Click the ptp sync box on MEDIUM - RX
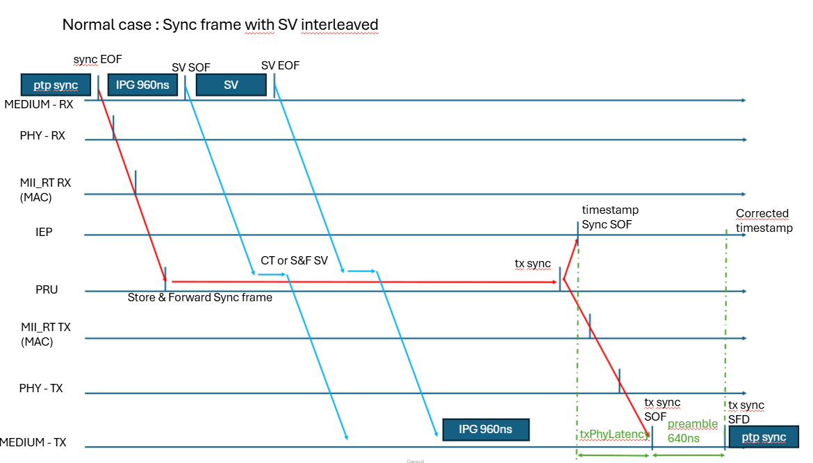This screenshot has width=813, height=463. (56, 85)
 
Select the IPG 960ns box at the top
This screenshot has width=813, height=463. (142, 85)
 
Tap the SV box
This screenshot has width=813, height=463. (231, 85)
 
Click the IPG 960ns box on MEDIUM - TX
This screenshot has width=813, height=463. (486, 430)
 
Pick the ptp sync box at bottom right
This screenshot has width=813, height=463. (764, 437)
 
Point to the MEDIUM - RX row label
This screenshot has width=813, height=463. (39, 105)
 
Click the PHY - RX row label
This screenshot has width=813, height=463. (42, 135)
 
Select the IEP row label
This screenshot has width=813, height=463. (44, 232)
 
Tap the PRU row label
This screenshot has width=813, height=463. (47, 289)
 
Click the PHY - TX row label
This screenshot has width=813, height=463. (41, 389)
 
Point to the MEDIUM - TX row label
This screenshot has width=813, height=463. (33, 442)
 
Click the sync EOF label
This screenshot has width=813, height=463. (97, 60)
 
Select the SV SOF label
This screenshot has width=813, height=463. (191, 68)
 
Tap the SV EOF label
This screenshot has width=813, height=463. (281, 66)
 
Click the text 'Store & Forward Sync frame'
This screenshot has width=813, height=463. (200, 297)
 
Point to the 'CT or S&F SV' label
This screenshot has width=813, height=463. (295, 260)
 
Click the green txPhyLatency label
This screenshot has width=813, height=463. (614, 434)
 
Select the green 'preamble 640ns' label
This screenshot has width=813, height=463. (693, 431)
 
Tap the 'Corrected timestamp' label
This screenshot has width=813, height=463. (764, 221)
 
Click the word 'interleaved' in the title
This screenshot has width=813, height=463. (340, 25)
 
